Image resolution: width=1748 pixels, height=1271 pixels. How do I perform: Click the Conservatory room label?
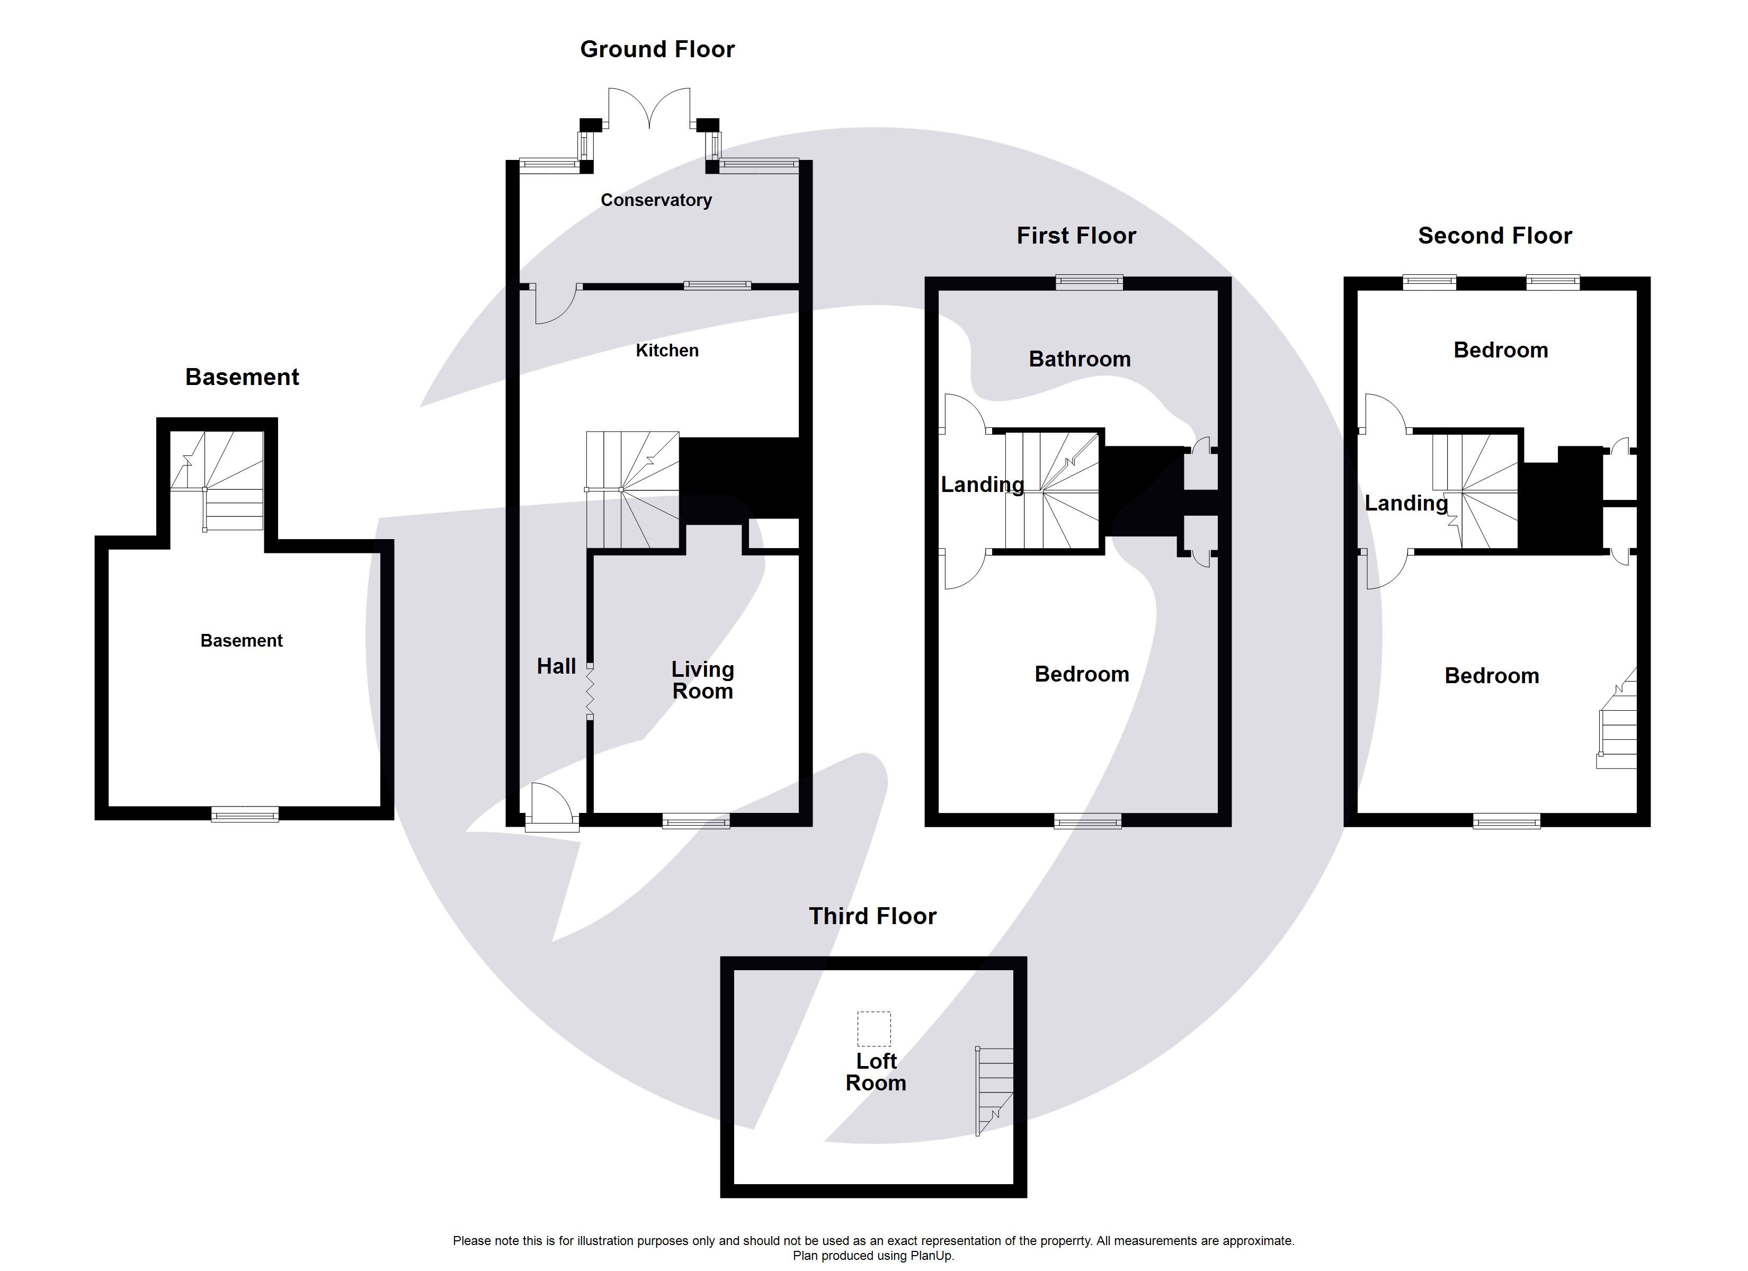click(656, 200)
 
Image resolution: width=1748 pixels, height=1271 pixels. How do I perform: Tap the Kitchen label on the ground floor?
click(667, 351)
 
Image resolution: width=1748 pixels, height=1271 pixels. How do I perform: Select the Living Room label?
click(702, 681)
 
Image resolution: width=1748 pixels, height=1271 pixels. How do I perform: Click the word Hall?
click(556, 667)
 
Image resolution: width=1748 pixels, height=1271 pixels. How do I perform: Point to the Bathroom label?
click(1079, 359)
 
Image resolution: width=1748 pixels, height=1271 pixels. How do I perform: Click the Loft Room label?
click(876, 1072)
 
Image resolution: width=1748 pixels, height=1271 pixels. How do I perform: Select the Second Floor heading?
click(1494, 236)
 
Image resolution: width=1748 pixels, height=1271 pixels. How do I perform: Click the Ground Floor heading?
click(657, 49)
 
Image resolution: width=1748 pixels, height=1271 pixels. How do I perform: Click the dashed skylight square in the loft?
click(873, 1029)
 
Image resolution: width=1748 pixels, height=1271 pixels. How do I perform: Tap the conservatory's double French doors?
click(650, 108)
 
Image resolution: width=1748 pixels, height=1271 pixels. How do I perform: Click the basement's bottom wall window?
click(245, 814)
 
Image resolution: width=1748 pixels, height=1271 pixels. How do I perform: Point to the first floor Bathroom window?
click(1089, 282)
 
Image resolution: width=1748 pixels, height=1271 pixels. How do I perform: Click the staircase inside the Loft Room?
click(995, 1090)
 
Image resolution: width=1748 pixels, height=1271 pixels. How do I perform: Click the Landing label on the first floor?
click(982, 485)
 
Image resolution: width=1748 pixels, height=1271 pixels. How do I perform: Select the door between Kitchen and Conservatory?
click(555, 302)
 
